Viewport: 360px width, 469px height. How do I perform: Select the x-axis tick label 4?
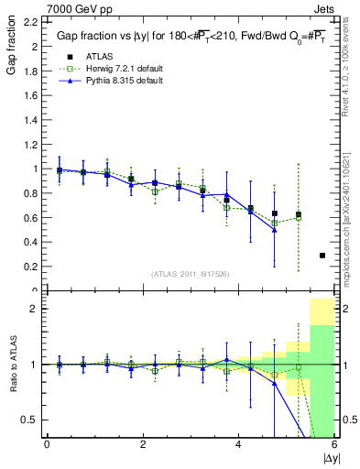239,444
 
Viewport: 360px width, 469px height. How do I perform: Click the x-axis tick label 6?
334,444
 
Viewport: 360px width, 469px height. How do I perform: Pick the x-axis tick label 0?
47,444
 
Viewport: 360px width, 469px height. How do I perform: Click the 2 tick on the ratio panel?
34,309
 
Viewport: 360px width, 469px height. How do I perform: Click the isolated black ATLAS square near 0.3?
322,256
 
